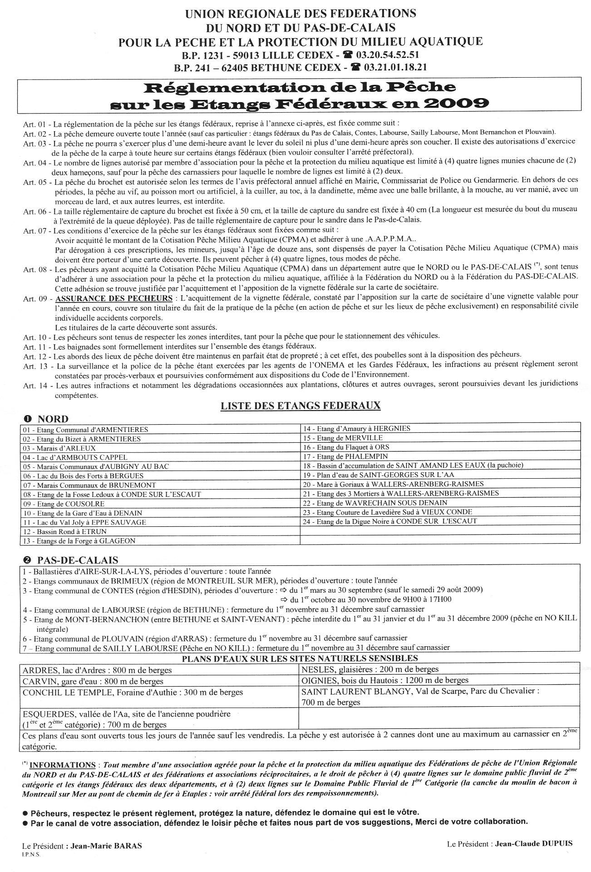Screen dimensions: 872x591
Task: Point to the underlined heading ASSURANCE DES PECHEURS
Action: (x=113, y=298)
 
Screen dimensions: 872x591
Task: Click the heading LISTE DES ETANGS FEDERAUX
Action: (x=300, y=406)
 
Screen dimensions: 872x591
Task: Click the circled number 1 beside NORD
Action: (x=28, y=419)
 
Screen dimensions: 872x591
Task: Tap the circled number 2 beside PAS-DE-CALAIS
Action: (x=28, y=560)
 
